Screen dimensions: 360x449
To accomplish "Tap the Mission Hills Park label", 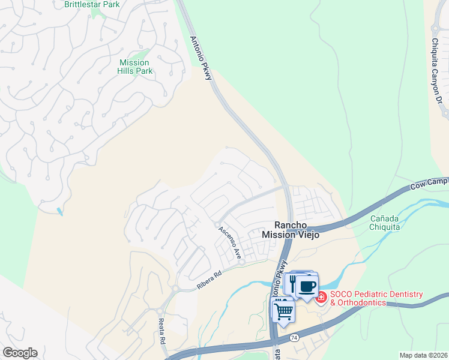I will tap(134, 67).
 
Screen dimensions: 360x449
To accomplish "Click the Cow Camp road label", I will tap(430, 183).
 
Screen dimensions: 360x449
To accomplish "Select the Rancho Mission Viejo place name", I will tap(291, 230).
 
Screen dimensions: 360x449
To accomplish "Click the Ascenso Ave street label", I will tap(229, 239).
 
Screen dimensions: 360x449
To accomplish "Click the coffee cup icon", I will tap(307, 286).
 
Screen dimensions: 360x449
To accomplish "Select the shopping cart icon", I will tap(283, 311).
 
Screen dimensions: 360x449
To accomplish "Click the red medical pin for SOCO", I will tap(321, 297).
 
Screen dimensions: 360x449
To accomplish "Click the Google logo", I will tap(20, 353).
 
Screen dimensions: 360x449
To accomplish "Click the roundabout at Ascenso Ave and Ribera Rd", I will tap(241, 262).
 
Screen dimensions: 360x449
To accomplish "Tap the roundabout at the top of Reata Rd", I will tap(175, 289).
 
